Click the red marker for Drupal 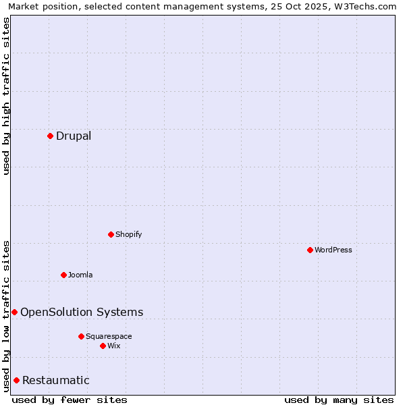(x=50, y=136)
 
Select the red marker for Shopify (x=111, y=234)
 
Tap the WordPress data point (x=310, y=250)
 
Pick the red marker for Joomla (x=63, y=275)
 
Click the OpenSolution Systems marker (x=14, y=312)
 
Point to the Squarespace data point (x=81, y=336)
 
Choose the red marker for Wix (x=103, y=346)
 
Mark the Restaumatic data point (x=16, y=380)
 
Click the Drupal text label (x=74, y=136)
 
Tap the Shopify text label (x=128, y=234)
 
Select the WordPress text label (x=333, y=250)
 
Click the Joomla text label (x=80, y=275)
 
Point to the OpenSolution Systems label (x=82, y=312)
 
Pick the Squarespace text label (x=109, y=336)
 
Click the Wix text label (x=114, y=346)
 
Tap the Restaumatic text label (x=56, y=380)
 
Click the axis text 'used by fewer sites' (x=70, y=400)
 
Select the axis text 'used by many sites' (x=339, y=400)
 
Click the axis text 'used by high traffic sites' (x=6, y=96)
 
